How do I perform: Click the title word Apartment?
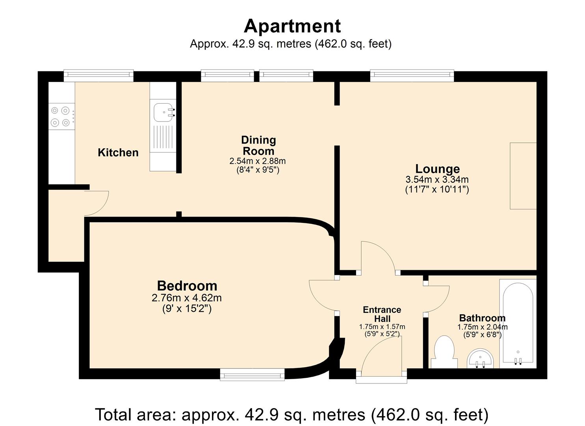tap(292, 26)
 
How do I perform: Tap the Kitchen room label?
tap(118, 153)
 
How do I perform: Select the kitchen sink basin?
tap(163, 112)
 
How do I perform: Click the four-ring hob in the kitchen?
tap(61, 117)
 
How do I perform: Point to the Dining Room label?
tap(258, 146)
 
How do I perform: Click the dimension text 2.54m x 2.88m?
tap(258, 161)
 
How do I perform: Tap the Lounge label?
tap(437, 169)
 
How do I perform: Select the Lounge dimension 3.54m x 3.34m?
tap(437, 179)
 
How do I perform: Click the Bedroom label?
tap(187, 286)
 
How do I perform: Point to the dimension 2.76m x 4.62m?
tap(187, 298)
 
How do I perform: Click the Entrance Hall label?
tap(382, 314)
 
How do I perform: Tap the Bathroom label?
tap(482, 318)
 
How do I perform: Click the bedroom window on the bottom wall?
tap(252, 374)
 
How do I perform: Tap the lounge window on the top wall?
tap(412, 75)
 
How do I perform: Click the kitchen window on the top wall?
tap(98, 75)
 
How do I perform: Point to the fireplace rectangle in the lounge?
tap(523, 176)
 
